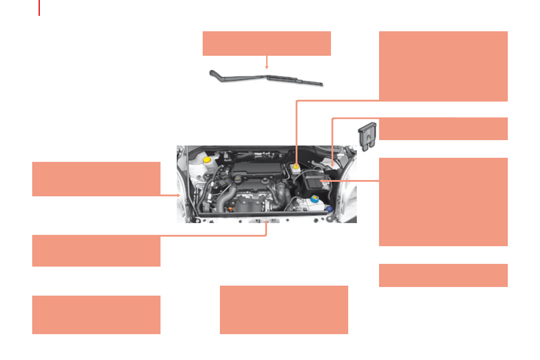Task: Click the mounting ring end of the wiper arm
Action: point(212,72)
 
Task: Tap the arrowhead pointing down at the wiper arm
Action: point(267,67)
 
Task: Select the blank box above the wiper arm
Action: point(267,44)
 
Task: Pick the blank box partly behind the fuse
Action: point(443,129)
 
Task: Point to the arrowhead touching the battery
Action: point(322,180)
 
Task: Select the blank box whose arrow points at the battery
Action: point(443,202)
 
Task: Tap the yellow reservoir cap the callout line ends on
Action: point(297,167)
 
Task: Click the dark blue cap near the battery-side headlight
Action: point(329,209)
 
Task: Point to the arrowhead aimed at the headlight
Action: point(179,195)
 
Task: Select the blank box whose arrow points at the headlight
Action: point(96,179)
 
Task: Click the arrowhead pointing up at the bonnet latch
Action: point(266,222)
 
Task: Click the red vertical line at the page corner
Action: point(39,7)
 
